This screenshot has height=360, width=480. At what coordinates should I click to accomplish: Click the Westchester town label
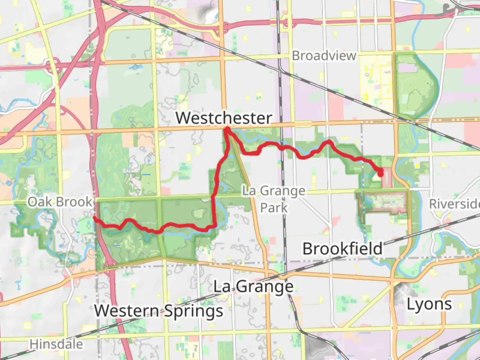pyautogui.click(x=224, y=118)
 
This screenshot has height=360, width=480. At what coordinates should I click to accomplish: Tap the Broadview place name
pyautogui.click(x=324, y=56)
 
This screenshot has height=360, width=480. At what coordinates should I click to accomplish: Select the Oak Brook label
pyautogui.click(x=60, y=202)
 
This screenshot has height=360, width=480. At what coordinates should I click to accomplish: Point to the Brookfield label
pyautogui.click(x=342, y=249)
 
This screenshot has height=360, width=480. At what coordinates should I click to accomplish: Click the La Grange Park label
pyautogui.click(x=274, y=199)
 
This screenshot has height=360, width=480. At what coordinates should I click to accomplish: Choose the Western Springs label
pyautogui.click(x=159, y=311)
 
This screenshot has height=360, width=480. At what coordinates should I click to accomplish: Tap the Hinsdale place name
pyautogui.click(x=56, y=344)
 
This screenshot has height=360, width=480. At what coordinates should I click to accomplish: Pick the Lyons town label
pyautogui.click(x=429, y=304)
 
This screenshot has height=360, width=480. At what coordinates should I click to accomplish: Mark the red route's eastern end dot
pyautogui.click(x=380, y=173)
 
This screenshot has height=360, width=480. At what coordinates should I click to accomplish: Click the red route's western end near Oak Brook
pyautogui.click(x=95, y=218)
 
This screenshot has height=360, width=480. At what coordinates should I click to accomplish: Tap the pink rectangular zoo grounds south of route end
pyautogui.click(x=383, y=202)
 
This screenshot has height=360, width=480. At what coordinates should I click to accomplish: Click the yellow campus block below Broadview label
pyautogui.click(x=377, y=78)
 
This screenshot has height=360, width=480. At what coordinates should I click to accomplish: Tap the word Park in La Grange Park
pyautogui.click(x=274, y=208)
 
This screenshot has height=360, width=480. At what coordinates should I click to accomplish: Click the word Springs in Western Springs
pyautogui.click(x=194, y=311)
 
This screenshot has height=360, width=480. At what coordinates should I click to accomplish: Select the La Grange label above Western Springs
pyautogui.click(x=253, y=287)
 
